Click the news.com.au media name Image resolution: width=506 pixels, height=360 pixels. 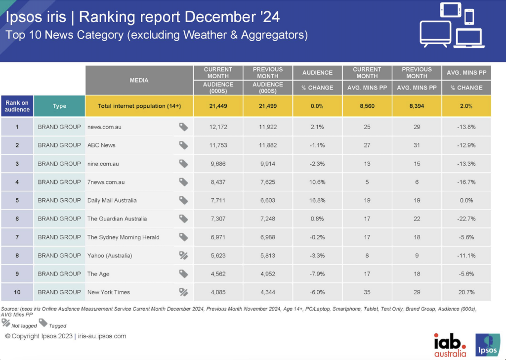[104, 127]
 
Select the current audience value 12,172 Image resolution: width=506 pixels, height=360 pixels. [217, 127]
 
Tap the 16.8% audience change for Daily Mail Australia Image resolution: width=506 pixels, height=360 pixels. [317, 200]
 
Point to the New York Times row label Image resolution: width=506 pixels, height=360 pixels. [108, 292]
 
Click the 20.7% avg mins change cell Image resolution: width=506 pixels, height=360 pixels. [466, 292]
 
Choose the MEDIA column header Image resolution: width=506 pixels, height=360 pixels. [139, 80]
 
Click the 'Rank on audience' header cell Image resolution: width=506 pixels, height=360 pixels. [17, 106]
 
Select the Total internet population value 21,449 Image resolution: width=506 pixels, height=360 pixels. [217, 106]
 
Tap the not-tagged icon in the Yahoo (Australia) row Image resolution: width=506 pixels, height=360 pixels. [183, 256]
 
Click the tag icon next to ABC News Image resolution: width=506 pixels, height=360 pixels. [183, 145]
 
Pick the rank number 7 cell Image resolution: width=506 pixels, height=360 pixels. [17, 237]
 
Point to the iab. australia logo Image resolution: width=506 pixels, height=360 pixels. [450, 345]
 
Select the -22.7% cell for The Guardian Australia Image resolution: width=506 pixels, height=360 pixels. [466, 219]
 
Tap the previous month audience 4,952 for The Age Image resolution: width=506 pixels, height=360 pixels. [267, 274]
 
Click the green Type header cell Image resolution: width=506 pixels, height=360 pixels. [59, 106]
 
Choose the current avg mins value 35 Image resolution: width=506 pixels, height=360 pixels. [367, 292]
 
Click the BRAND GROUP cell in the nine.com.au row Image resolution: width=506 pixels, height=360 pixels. [59, 164]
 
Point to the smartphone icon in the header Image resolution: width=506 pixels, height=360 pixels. [469, 16]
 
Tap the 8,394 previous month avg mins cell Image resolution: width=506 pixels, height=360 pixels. [417, 106]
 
